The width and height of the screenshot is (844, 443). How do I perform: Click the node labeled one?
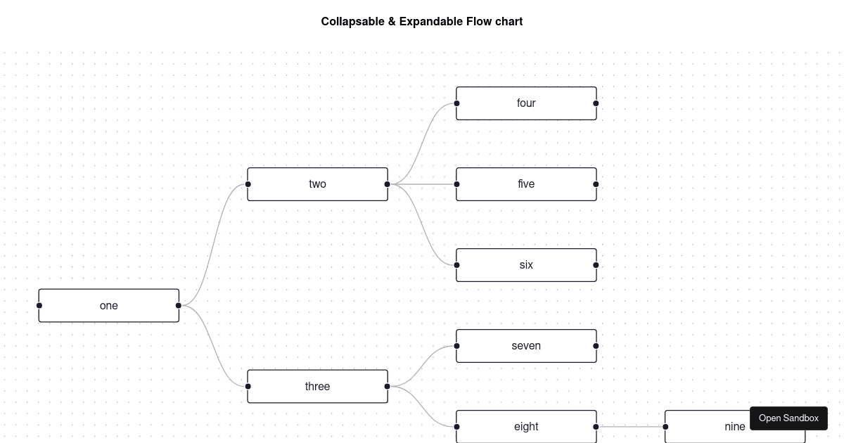(x=109, y=306)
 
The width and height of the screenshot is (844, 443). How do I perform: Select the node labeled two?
(x=317, y=184)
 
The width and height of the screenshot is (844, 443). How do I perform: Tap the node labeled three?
(x=317, y=387)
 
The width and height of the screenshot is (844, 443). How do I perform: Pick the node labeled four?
(x=526, y=103)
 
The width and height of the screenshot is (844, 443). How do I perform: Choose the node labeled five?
(x=526, y=184)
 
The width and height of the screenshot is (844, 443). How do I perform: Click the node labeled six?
(x=526, y=265)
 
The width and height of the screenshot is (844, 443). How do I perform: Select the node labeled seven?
(x=526, y=346)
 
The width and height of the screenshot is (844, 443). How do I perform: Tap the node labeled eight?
(x=526, y=427)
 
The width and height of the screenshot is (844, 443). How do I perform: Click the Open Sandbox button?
(x=788, y=418)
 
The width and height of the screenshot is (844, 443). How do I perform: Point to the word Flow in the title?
(x=480, y=22)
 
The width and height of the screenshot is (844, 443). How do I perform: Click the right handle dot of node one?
(x=179, y=306)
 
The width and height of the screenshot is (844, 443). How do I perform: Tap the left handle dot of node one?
(x=39, y=306)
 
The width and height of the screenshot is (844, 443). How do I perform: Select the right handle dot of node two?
(x=388, y=184)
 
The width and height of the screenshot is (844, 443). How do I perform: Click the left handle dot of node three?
(x=248, y=387)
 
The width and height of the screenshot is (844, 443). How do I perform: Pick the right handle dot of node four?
(x=596, y=103)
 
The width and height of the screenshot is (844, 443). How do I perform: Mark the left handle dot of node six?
(x=457, y=265)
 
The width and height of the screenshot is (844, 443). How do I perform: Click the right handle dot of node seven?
(x=596, y=346)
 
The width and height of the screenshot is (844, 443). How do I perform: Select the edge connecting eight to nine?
(x=631, y=427)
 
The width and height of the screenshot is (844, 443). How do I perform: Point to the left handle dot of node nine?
(x=666, y=427)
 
